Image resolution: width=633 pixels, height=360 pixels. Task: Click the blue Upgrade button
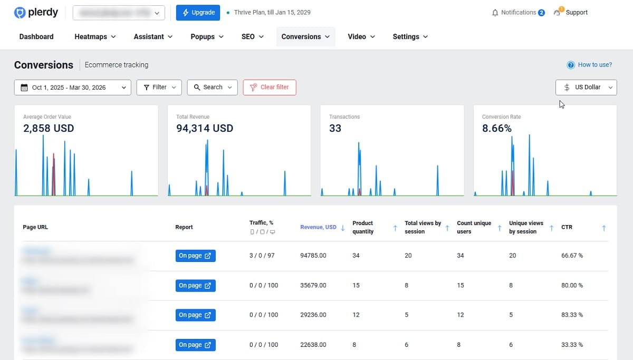click(198, 13)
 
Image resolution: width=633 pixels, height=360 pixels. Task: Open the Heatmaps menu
click(95, 37)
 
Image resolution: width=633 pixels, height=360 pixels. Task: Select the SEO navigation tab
click(252, 37)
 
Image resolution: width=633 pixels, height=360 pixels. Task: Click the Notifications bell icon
click(495, 13)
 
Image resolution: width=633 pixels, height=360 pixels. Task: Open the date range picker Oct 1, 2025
click(72, 87)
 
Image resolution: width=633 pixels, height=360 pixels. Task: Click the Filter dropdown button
click(159, 87)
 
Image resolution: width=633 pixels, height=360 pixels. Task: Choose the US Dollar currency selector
click(586, 87)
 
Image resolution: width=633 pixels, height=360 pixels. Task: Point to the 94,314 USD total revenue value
click(205, 128)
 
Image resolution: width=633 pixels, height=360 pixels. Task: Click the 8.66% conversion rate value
click(496, 128)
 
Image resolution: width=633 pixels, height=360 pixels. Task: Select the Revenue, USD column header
click(318, 228)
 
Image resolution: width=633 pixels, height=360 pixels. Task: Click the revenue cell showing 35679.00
click(313, 286)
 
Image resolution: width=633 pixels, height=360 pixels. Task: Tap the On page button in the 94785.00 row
click(195, 256)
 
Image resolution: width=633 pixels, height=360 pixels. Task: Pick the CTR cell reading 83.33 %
click(572, 315)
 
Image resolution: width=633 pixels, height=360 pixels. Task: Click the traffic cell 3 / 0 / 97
click(262, 256)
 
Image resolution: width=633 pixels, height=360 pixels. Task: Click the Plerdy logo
click(36, 13)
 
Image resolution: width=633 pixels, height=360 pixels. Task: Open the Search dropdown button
click(212, 87)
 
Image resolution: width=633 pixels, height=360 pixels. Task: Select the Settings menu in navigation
click(410, 37)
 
